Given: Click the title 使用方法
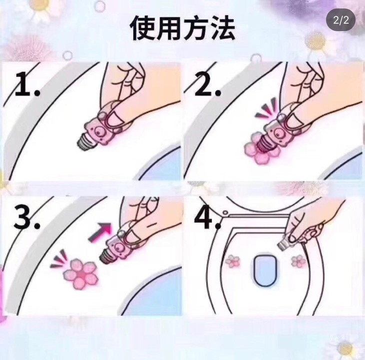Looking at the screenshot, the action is pyautogui.click(x=182, y=28).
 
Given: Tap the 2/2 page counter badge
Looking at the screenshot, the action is pyautogui.click(x=341, y=20).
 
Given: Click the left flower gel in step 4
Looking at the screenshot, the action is pyautogui.click(x=233, y=261).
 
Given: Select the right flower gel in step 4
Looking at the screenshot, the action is pyautogui.click(x=298, y=261).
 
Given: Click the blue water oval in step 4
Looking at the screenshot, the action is pyautogui.click(x=265, y=270).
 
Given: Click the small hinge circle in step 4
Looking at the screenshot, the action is pyautogui.click(x=225, y=212).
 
